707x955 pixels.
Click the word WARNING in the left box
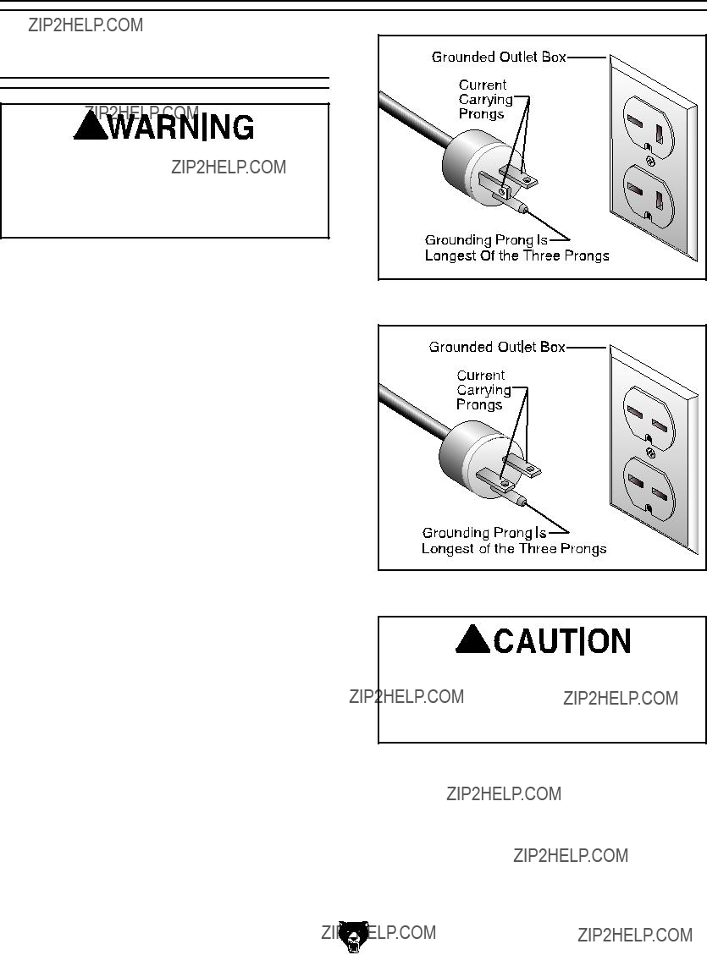coord(181,127)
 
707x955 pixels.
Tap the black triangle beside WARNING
coord(91,125)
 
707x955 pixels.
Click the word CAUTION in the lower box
coord(561,640)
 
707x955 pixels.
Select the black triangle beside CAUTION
coord(472,639)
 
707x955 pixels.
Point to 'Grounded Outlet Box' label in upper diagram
coord(499,58)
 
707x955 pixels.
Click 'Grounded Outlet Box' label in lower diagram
coord(497,347)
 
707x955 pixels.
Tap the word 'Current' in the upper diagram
coord(482,85)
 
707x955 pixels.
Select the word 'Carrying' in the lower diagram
coord(483,390)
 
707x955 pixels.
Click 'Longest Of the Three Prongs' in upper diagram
coord(516,255)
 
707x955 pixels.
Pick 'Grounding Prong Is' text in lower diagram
coord(484,533)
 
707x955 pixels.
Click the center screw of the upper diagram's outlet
coord(650,162)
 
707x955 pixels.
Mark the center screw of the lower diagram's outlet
coord(650,452)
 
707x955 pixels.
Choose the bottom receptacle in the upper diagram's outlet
coord(649,196)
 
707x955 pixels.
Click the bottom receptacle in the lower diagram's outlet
coord(649,487)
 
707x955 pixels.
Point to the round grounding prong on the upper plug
coord(519,206)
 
